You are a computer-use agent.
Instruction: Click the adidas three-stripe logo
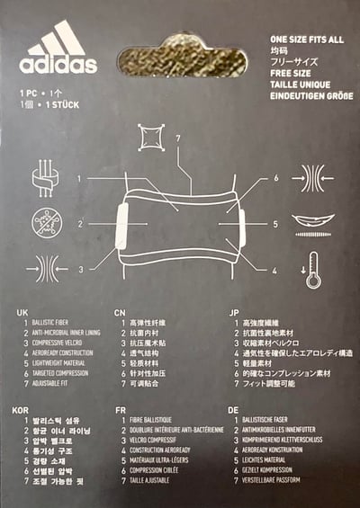click(57, 40)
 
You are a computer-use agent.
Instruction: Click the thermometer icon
click(313, 266)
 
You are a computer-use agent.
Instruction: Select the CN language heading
click(120, 312)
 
